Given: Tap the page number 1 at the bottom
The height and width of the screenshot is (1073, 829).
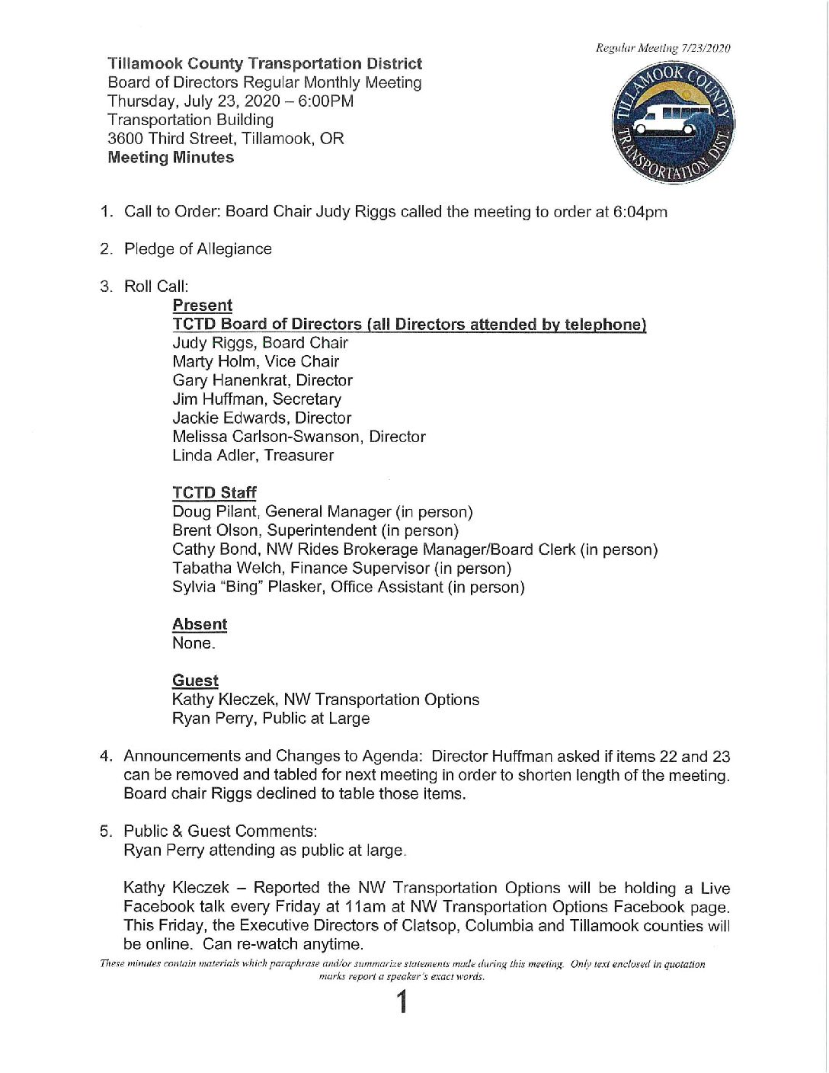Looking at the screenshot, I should pyautogui.click(x=402, y=1002).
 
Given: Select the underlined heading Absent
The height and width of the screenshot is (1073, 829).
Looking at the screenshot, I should pyautogui.click(x=200, y=624).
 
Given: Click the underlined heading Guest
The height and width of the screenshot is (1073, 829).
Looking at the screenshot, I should pyautogui.click(x=195, y=681).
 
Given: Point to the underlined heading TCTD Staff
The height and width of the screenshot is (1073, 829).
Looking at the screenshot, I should pyautogui.click(x=214, y=492).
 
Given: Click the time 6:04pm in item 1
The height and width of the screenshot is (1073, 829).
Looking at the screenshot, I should pyautogui.click(x=640, y=212).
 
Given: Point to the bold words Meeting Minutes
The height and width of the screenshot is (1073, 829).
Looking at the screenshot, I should pyautogui.click(x=171, y=158).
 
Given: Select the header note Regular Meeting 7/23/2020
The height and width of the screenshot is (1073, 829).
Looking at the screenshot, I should pyautogui.click(x=663, y=48).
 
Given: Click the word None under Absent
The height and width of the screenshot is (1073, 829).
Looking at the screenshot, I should pyautogui.click(x=193, y=643).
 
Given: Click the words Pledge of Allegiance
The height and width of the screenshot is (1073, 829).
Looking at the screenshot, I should pyautogui.click(x=198, y=249).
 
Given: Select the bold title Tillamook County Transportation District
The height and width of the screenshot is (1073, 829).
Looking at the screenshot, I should pyautogui.click(x=264, y=64).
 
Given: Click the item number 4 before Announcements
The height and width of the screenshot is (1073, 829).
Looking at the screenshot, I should pyautogui.click(x=107, y=756).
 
